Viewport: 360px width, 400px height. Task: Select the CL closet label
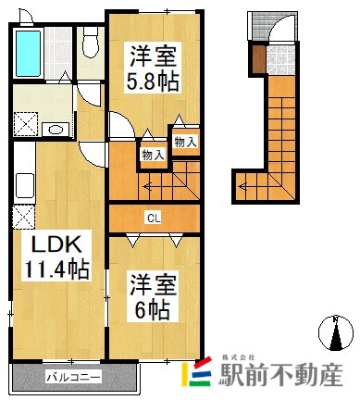click(151, 219)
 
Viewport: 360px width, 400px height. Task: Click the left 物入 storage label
click(153, 155)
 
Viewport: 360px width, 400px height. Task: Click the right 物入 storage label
click(185, 142)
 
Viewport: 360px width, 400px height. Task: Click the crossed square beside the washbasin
click(25, 128)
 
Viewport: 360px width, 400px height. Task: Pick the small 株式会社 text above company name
click(239, 356)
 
